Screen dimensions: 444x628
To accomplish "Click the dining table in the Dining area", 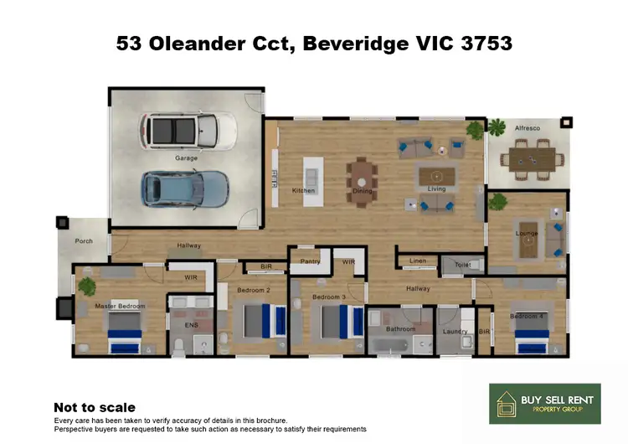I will pyautogui.click(x=362, y=176).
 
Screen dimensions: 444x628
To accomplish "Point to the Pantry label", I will pyautogui.click(x=310, y=261).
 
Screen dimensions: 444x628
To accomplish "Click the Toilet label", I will pyautogui.click(x=463, y=263).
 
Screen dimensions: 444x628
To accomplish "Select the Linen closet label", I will pyautogui.click(x=418, y=261).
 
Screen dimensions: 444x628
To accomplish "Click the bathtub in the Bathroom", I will pyautogui.click(x=391, y=345).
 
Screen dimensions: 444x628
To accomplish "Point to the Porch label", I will pyautogui.click(x=84, y=240).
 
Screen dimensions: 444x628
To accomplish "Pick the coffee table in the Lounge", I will pyautogui.click(x=528, y=243).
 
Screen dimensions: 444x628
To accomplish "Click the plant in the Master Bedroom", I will pyautogui.click(x=87, y=287).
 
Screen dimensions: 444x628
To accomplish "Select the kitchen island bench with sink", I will pyautogui.click(x=311, y=176).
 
